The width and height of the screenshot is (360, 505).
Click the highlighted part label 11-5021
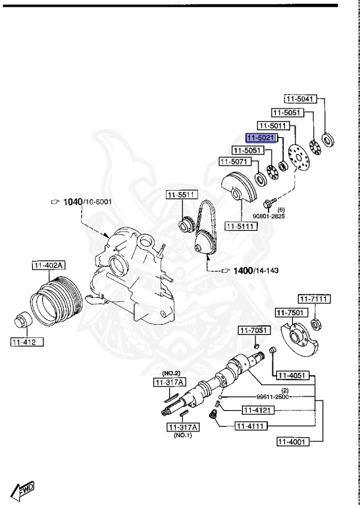pos(261,138)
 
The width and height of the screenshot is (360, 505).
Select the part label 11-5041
pos(300,99)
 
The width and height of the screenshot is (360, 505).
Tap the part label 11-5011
pos(273,126)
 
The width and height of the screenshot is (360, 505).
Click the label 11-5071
pos(235,161)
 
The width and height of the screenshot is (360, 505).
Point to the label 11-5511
pos(182,195)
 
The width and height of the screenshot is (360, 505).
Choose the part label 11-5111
pos(241,226)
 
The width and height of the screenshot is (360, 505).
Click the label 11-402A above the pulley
pos(49,266)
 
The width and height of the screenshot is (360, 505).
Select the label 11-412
pos(27,342)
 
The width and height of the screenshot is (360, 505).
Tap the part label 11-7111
pos(314,299)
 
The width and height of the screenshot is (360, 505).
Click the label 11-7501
pos(292,312)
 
